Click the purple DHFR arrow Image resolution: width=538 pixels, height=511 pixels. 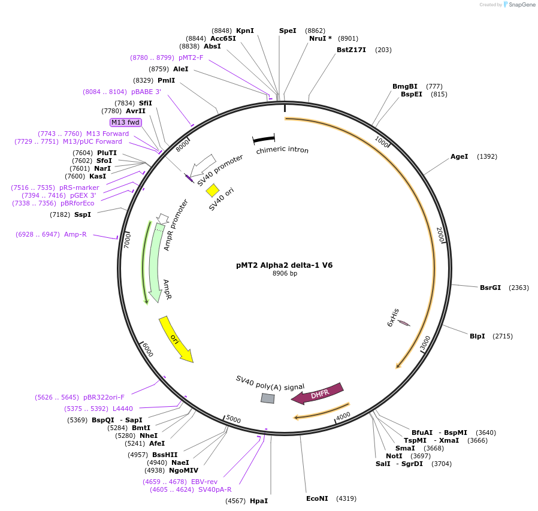318,393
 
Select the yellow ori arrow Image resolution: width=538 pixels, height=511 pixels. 176,340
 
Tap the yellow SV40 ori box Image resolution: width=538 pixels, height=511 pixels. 212,190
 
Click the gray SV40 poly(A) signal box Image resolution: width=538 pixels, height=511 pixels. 267,398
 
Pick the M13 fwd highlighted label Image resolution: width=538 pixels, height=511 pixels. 126,122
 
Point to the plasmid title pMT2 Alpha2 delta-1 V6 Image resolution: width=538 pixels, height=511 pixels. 285,265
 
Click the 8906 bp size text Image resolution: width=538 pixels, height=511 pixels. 285,274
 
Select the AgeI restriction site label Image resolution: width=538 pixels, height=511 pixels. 459,157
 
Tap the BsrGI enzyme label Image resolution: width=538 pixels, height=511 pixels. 490,288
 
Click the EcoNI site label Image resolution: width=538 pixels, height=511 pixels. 317,498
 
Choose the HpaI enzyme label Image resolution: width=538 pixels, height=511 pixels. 259,501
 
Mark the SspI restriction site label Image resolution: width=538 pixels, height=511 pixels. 83,214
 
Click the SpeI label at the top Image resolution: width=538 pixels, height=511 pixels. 288,31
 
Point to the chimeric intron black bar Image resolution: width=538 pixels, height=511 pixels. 264,139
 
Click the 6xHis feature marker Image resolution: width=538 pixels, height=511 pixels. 404,323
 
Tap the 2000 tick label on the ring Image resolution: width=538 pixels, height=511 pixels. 440,234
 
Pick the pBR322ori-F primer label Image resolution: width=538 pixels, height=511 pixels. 104,397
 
